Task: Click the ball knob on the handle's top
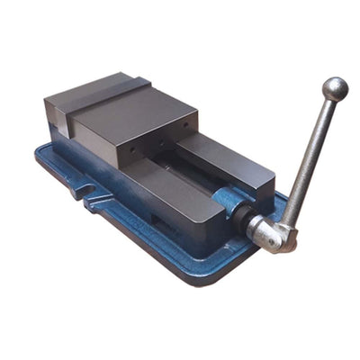point(335,88)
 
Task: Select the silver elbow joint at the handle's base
point(269,233)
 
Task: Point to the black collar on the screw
point(241,212)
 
